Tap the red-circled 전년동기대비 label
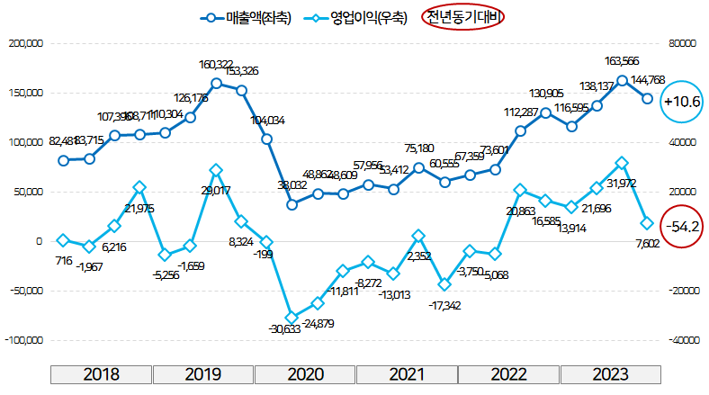[463, 17]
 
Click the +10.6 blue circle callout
[680, 101]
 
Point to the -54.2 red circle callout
[680, 226]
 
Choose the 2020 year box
[305, 374]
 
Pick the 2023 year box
[610, 374]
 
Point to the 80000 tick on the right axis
[683, 43]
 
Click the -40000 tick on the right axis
[684, 341]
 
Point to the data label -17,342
[445, 306]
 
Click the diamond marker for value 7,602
[647, 223]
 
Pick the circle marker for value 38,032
[292, 204]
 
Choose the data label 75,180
[419, 148]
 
